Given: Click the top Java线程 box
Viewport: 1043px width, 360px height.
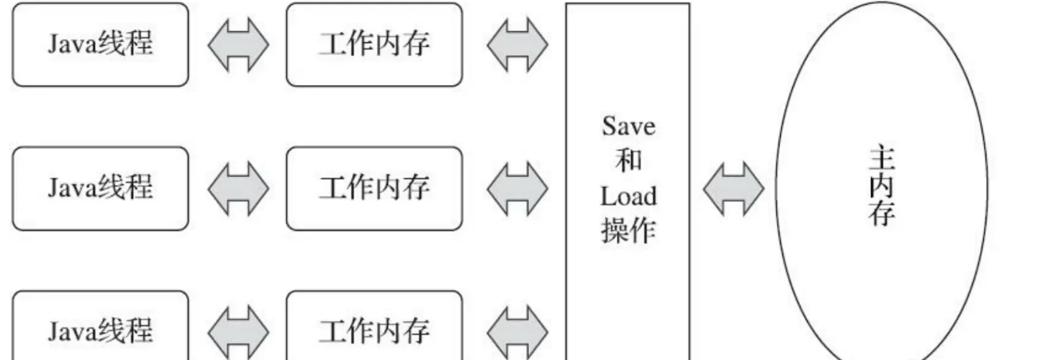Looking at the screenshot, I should point(100,45).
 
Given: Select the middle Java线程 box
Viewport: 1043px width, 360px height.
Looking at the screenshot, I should point(100,188).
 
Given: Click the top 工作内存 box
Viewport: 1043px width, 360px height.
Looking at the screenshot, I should point(374,45).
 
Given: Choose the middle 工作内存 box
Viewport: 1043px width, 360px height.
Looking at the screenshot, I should point(374,188).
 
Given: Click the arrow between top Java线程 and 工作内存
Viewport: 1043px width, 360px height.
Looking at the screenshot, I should point(237,45).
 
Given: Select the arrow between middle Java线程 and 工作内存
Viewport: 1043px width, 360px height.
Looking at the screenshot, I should point(237,189).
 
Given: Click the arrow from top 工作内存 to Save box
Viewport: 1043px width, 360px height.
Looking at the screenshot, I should point(516,45).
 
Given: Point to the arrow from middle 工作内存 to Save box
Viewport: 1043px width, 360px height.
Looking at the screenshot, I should point(516,189).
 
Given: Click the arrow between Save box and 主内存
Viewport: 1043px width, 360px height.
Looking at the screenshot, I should point(732,189).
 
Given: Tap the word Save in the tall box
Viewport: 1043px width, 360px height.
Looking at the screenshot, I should point(628,127).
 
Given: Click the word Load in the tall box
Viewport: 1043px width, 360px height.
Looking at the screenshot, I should point(628,196).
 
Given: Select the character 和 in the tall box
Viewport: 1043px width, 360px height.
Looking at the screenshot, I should point(628,162).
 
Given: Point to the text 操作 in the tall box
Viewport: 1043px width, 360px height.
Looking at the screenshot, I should point(628,230).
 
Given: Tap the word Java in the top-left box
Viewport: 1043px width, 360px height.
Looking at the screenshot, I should point(72,45).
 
